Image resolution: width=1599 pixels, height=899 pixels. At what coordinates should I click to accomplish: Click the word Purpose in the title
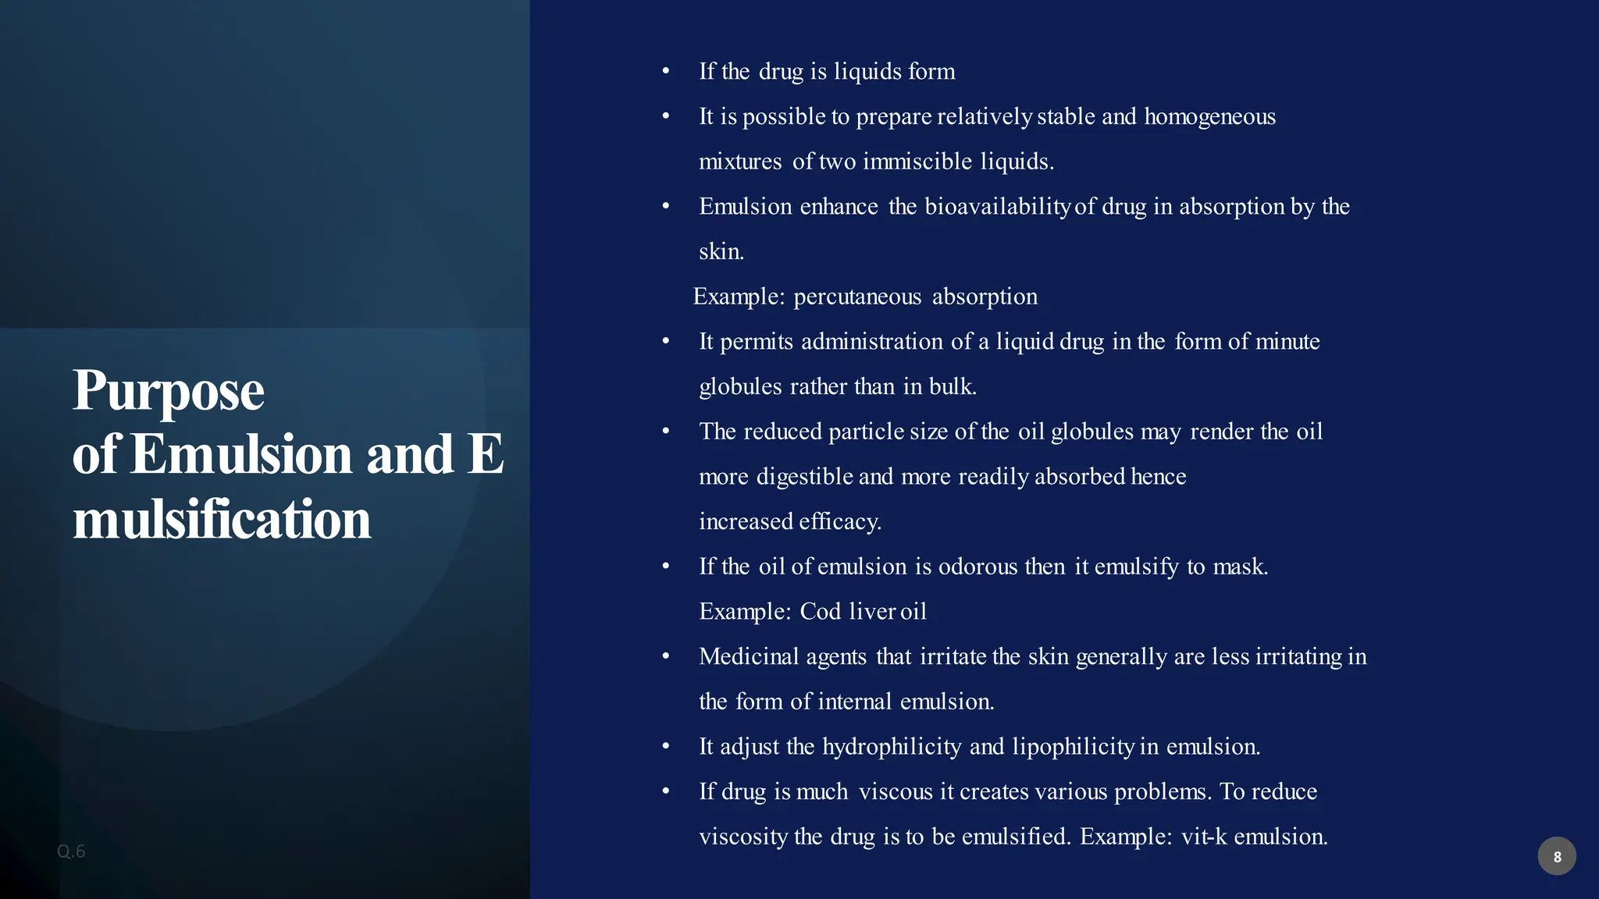[x=168, y=391]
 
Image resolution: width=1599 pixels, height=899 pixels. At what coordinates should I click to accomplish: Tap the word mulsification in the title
[x=222, y=521]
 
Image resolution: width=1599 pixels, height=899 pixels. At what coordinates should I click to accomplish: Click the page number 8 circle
[x=1556, y=856]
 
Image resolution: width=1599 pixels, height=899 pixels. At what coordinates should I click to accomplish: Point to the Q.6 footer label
[x=71, y=851]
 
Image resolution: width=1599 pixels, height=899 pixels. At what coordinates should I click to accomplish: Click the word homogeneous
[x=1209, y=117]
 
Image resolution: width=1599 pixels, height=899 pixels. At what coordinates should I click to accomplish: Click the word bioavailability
[x=997, y=207]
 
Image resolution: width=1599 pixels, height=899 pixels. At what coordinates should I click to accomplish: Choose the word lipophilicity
[x=1073, y=747]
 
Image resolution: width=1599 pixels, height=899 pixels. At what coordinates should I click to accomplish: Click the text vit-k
[x=1204, y=837]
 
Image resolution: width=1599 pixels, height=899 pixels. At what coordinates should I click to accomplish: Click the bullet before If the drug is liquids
[x=666, y=72]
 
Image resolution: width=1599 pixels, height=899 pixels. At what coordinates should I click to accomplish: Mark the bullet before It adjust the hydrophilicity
[x=666, y=747]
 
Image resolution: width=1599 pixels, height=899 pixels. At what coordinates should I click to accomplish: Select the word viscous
[x=896, y=792]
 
